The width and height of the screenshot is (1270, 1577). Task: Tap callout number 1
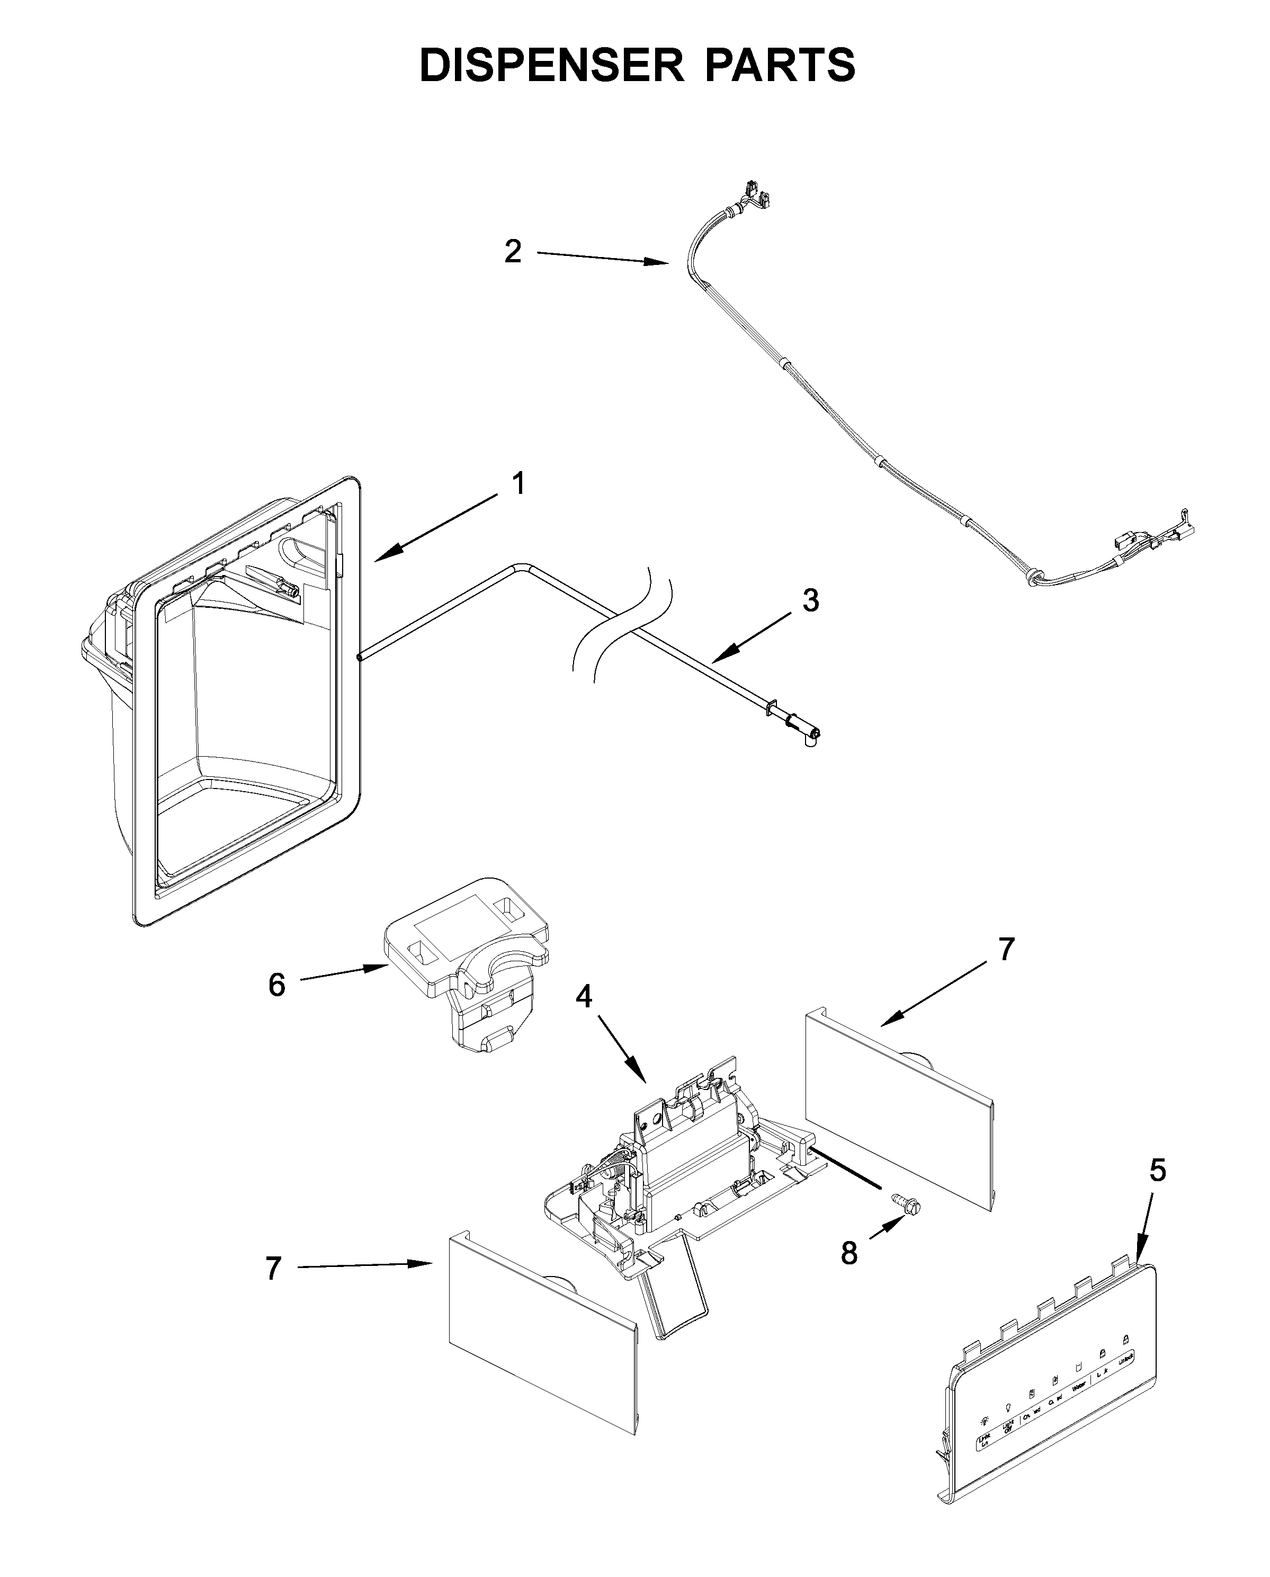click(x=518, y=484)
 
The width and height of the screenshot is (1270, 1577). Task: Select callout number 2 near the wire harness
click(x=513, y=252)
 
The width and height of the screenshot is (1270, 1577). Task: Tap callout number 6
click(x=276, y=985)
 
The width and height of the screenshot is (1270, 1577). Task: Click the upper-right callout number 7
click(x=1007, y=949)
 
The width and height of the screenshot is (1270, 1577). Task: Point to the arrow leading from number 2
click(x=600, y=258)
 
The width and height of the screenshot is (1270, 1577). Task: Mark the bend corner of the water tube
click(x=521, y=565)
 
